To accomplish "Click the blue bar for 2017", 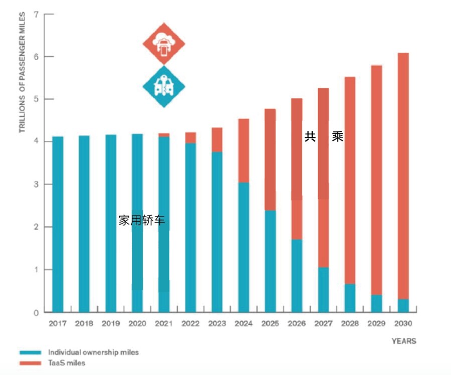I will click(x=58, y=225).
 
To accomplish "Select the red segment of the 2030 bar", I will click(x=403, y=175).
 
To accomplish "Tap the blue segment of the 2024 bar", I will click(x=244, y=248).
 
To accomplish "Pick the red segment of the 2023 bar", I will click(x=217, y=139).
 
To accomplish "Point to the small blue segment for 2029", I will click(x=377, y=303).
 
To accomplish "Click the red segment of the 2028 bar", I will click(x=350, y=180).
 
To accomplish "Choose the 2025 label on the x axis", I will click(x=271, y=324).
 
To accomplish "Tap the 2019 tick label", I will click(x=111, y=324).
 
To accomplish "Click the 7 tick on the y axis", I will click(x=36, y=14).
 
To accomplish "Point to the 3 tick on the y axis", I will click(x=36, y=184).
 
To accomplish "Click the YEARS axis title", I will click(x=404, y=341).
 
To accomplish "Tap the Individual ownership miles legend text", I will click(x=93, y=352).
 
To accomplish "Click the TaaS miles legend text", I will click(x=67, y=362).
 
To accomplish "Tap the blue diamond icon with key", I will click(x=164, y=86).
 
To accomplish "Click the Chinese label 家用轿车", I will click(x=141, y=220).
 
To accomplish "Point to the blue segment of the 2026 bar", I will click(x=297, y=276).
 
